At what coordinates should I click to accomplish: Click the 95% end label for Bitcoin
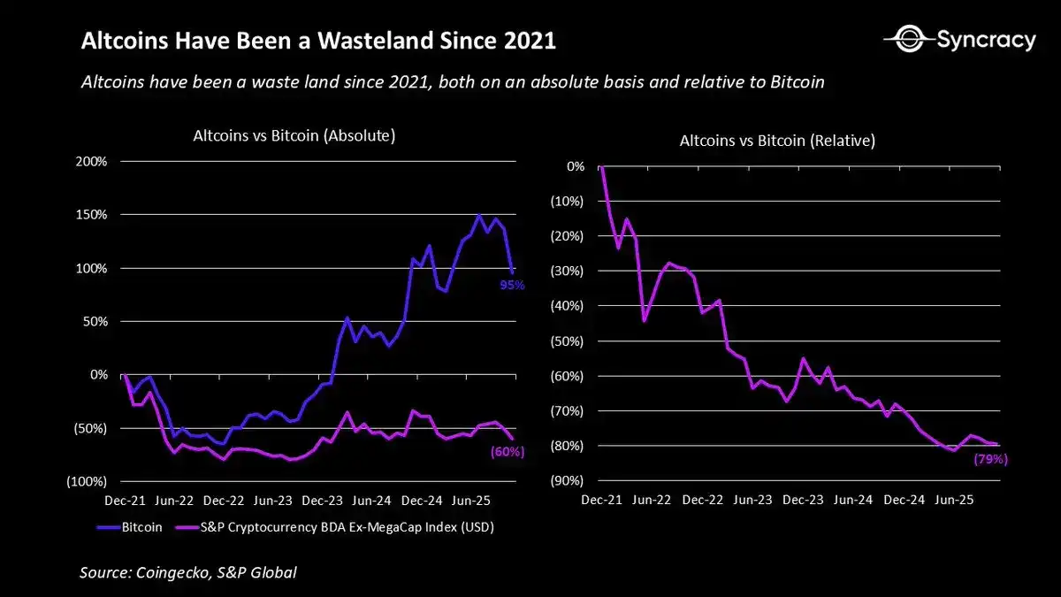tap(513, 285)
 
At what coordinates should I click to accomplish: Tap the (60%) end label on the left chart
tap(508, 451)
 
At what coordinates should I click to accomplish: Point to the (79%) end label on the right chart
tap(990, 459)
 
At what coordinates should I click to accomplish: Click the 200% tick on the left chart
tap(89, 162)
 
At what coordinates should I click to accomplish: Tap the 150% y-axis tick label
tap(89, 215)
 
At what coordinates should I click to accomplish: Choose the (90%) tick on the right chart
tap(566, 481)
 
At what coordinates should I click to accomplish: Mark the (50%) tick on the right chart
tap(566, 341)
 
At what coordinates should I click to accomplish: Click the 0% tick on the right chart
tap(575, 166)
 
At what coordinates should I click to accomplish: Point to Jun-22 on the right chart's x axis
tap(652, 500)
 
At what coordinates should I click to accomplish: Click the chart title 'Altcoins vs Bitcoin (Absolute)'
tap(294, 136)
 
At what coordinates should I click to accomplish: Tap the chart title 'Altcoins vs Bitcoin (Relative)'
tap(777, 141)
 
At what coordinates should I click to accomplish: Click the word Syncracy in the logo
tap(985, 40)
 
